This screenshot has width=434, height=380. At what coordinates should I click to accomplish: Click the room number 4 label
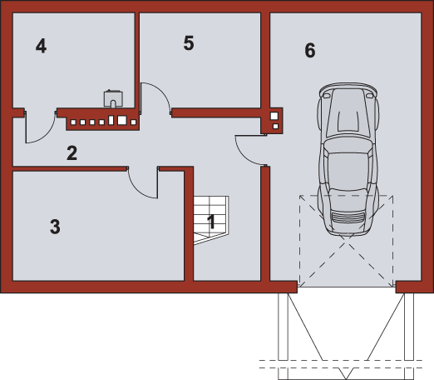pyautogui.click(x=41, y=46)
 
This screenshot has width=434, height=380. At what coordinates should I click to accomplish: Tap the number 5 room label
pyautogui.click(x=189, y=43)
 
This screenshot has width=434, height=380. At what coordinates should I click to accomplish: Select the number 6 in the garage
pyautogui.click(x=310, y=50)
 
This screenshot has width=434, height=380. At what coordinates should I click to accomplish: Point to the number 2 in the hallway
pyautogui.click(x=72, y=152)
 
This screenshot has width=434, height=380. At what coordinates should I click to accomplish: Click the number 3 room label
pyautogui.click(x=55, y=227)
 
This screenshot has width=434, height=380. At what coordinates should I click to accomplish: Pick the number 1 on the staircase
pyautogui.click(x=211, y=222)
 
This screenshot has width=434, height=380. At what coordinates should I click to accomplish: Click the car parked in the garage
pyautogui.click(x=348, y=159)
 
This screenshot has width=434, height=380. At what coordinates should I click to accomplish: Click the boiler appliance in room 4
pyautogui.click(x=113, y=98)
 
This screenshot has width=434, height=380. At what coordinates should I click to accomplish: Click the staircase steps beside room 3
pyautogui.click(x=211, y=220)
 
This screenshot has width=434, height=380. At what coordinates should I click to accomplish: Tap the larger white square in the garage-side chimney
pyautogui.click(x=274, y=116)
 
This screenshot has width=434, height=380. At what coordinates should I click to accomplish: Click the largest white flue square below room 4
pyautogui.click(x=122, y=120)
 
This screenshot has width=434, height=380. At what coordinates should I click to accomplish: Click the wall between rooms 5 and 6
pyautogui.click(x=265, y=60)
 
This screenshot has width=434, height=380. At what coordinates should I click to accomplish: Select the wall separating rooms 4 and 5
pyautogui.click(x=137, y=60)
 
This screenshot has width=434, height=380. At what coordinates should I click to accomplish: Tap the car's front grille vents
pyautogui.click(x=348, y=217)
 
